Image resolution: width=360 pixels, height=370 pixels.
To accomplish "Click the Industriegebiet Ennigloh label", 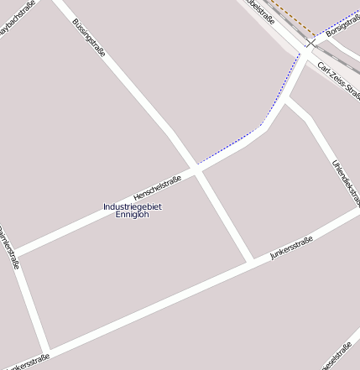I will point(133,211).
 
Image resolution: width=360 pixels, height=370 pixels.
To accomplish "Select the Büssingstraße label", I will point(88,38).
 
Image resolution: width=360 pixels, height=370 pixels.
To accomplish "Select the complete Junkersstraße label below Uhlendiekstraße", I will point(291,248).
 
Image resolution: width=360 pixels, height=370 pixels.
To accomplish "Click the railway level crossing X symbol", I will point(310,42).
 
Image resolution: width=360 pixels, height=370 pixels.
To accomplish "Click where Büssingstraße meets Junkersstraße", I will point(250,261).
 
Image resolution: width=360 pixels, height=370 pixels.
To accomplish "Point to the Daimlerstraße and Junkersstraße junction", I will point(46,350).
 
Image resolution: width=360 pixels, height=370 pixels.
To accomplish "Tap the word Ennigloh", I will point(133,216).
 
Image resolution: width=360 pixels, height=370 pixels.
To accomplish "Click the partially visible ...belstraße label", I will point(263,9).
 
